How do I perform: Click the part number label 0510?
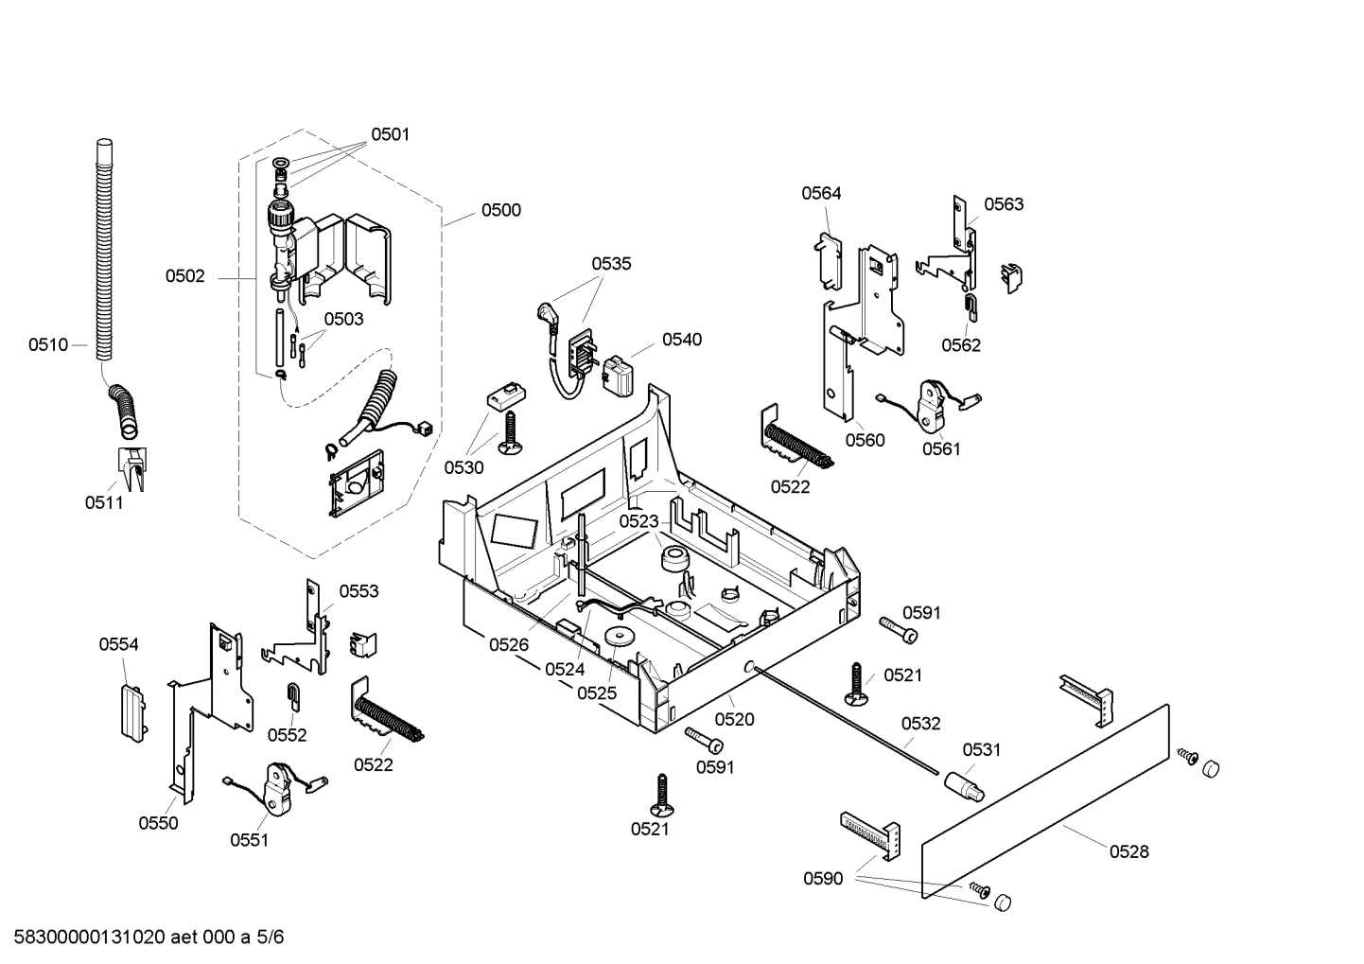[x=48, y=345]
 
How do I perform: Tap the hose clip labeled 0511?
[x=131, y=468]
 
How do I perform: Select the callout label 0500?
[x=500, y=210]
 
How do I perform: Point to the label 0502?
[x=184, y=276]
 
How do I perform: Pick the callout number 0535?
[x=611, y=264]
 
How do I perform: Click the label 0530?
[x=463, y=467]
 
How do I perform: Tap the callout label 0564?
[x=821, y=193]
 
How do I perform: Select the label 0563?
[x=1003, y=204]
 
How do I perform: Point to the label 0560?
[x=865, y=440]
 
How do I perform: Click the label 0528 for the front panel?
[x=1128, y=851]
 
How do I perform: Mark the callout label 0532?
[x=920, y=724]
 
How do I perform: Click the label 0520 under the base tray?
[x=734, y=719]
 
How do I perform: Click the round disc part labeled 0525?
[x=620, y=637]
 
